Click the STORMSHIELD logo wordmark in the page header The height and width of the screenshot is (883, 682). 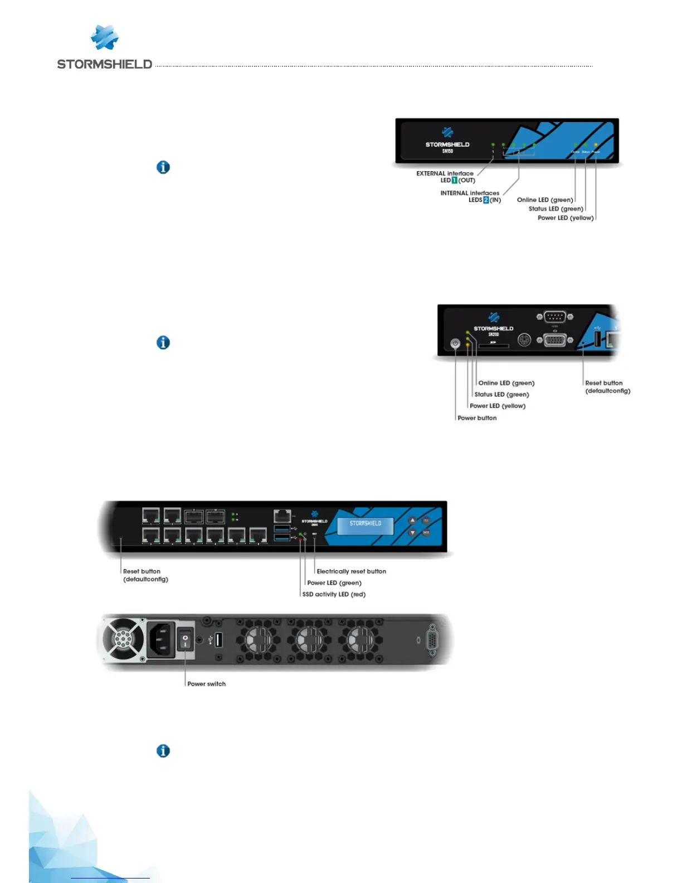pyautogui.click(x=104, y=64)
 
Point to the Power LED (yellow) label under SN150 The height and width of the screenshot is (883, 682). pyautogui.click(x=565, y=218)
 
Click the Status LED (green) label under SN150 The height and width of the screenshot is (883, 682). pyautogui.click(x=556, y=209)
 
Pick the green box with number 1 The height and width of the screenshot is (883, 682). pyautogui.click(x=454, y=181)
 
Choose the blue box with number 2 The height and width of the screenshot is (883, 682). pyautogui.click(x=486, y=200)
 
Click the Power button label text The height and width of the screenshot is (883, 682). pyautogui.click(x=477, y=418)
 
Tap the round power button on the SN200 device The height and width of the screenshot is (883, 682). pyautogui.click(x=455, y=344)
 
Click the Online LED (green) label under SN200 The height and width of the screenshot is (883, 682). pyautogui.click(x=506, y=383)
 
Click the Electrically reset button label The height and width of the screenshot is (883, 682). pyautogui.click(x=351, y=571)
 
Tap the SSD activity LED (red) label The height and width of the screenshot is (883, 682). pyautogui.click(x=334, y=594)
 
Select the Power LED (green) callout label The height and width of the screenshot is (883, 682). pyautogui.click(x=334, y=583)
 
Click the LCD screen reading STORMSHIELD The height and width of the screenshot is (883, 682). pyautogui.click(x=366, y=526)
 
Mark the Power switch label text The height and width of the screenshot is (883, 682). pyautogui.click(x=206, y=684)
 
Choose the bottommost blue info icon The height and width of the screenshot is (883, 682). pyautogui.click(x=163, y=751)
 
